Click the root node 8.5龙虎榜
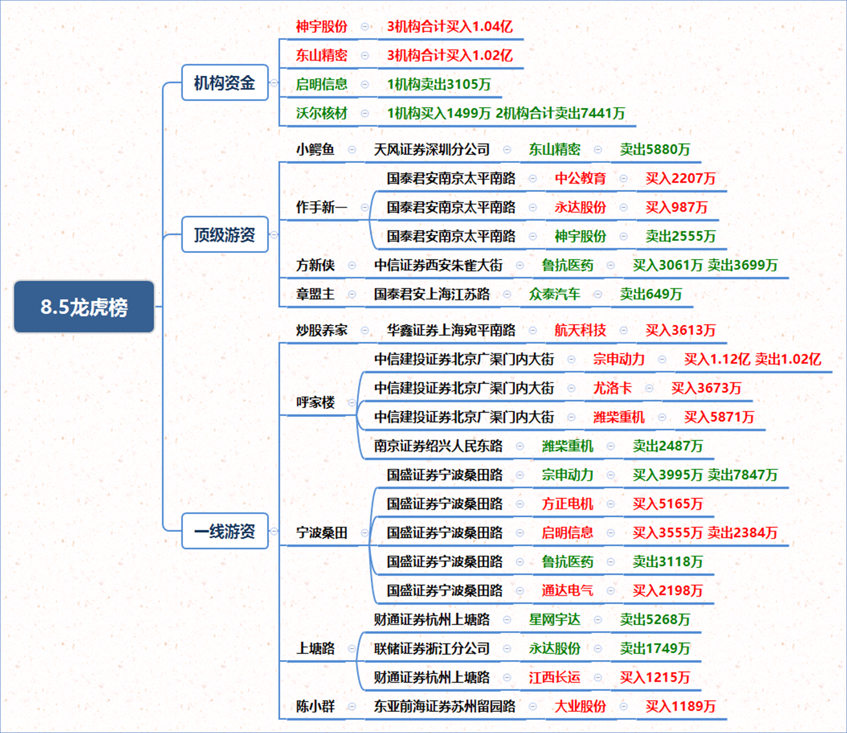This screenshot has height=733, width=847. pyautogui.click(x=84, y=307)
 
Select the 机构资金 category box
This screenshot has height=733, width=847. pyautogui.click(x=225, y=82)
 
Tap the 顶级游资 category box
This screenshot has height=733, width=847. pyautogui.click(x=225, y=234)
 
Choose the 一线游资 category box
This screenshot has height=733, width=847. pyautogui.click(x=225, y=531)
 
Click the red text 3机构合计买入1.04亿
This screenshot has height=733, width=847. pyautogui.click(x=450, y=26)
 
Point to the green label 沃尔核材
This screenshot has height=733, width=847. pyautogui.click(x=321, y=113)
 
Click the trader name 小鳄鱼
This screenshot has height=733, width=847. pyautogui.click(x=315, y=149)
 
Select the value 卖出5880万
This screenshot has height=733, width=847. pyautogui.click(x=655, y=149)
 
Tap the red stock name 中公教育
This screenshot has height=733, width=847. pyautogui.click(x=580, y=178)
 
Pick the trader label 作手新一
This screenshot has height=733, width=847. pyautogui.click(x=321, y=207)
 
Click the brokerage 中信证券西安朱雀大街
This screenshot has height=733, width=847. pyautogui.click(x=438, y=265)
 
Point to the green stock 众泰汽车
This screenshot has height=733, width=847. pyautogui.click(x=554, y=294)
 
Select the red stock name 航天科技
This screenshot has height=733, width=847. pyautogui.click(x=580, y=330)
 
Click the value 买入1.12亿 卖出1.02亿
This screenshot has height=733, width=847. pyautogui.click(x=753, y=359)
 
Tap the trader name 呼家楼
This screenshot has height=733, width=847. pyautogui.click(x=315, y=402)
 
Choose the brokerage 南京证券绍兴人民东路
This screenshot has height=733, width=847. pyautogui.click(x=438, y=446)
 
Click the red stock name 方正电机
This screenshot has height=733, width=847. pyautogui.click(x=567, y=504)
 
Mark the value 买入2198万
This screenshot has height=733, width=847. pyautogui.click(x=668, y=591)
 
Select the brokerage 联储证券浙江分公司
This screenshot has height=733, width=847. pyautogui.click(x=432, y=648)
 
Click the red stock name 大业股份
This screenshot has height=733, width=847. pyautogui.click(x=580, y=706)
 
